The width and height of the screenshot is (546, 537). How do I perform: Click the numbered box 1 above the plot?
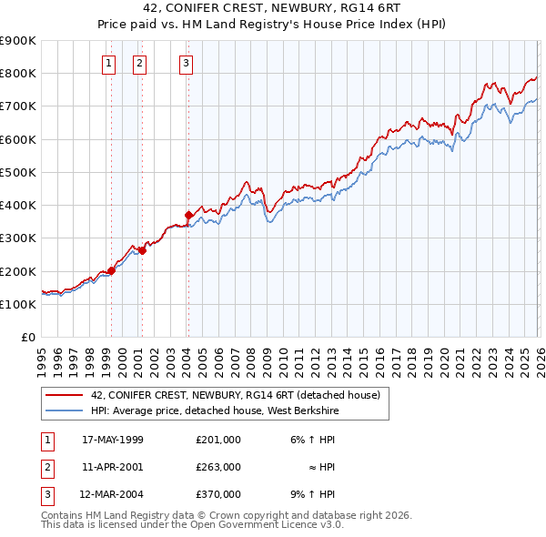click(108, 63)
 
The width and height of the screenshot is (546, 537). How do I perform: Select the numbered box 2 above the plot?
click(139, 63)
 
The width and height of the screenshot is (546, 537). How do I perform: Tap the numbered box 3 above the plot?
click(186, 63)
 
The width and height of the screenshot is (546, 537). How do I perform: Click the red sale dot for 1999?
click(111, 270)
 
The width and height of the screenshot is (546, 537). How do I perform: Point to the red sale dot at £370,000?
click(188, 215)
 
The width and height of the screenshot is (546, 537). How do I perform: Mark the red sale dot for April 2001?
click(142, 250)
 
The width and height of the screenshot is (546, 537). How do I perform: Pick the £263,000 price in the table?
click(218, 467)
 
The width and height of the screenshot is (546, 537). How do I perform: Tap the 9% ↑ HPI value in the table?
click(317, 494)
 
